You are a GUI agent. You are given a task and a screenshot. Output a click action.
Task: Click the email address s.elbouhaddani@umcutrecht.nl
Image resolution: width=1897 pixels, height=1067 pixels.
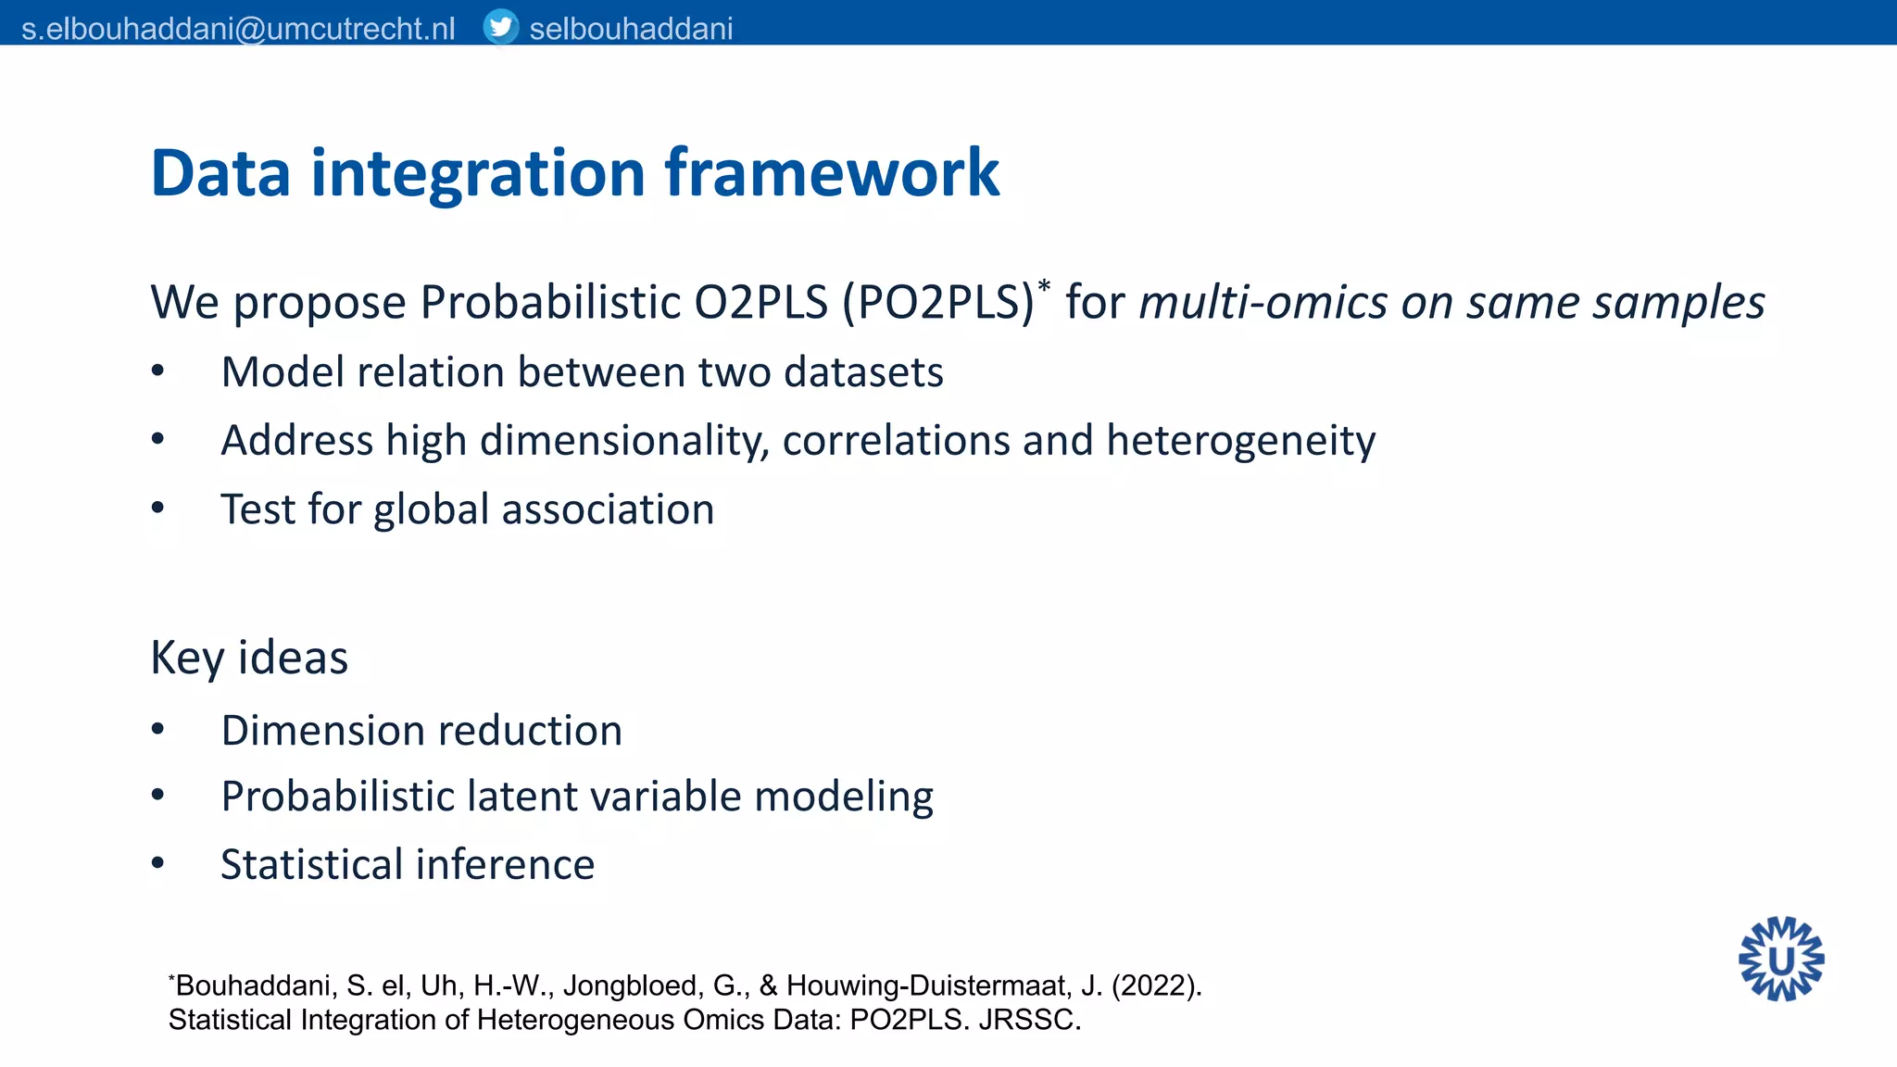click(x=238, y=29)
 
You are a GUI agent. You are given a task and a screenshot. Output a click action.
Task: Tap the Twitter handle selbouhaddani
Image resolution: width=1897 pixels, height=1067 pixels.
click(x=631, y=29)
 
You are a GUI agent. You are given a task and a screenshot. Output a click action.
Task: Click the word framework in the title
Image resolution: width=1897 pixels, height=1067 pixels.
click(x=832, y=173)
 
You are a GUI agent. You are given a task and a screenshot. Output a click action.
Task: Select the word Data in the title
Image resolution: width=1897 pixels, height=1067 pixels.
click(x=220, y=173)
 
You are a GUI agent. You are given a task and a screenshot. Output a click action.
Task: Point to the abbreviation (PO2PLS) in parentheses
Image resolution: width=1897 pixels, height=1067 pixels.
click(x=937, y=302)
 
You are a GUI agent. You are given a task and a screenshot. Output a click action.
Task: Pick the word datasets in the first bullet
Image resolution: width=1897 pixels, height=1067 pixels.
click(x=863, y=372)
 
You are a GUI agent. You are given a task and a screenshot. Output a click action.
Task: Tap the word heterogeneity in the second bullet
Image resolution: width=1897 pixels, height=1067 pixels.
click(x=1240, y=441)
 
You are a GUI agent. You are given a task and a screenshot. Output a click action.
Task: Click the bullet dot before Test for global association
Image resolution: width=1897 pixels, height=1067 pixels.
click(x=157, y=508)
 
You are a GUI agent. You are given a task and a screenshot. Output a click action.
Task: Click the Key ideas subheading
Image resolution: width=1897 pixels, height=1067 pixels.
click(x=249, y=658)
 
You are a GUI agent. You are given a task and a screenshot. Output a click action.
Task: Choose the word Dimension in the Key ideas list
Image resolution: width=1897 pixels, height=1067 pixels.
click(x=316, y=731)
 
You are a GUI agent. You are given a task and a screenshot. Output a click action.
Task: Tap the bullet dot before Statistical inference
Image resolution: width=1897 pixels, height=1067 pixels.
click(x=157, y=863)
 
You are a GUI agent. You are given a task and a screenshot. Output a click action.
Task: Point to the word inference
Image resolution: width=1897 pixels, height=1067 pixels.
click(x=505, y=864)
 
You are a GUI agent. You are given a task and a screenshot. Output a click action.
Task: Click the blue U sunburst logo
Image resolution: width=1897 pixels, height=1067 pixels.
click(x=1780, y=960)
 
